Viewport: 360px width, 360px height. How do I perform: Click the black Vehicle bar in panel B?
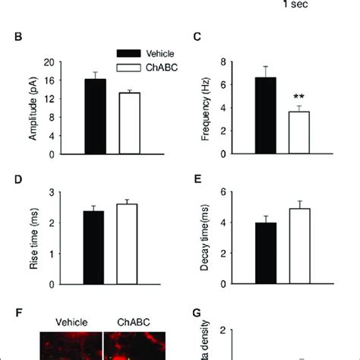point(96,117)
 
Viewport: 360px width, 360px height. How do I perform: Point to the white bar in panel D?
point(128,245)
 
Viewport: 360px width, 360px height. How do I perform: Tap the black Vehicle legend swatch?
point(131,55)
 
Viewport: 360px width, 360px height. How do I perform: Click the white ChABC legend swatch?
point(131,68)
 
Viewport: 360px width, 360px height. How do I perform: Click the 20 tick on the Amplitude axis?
point(49,62)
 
